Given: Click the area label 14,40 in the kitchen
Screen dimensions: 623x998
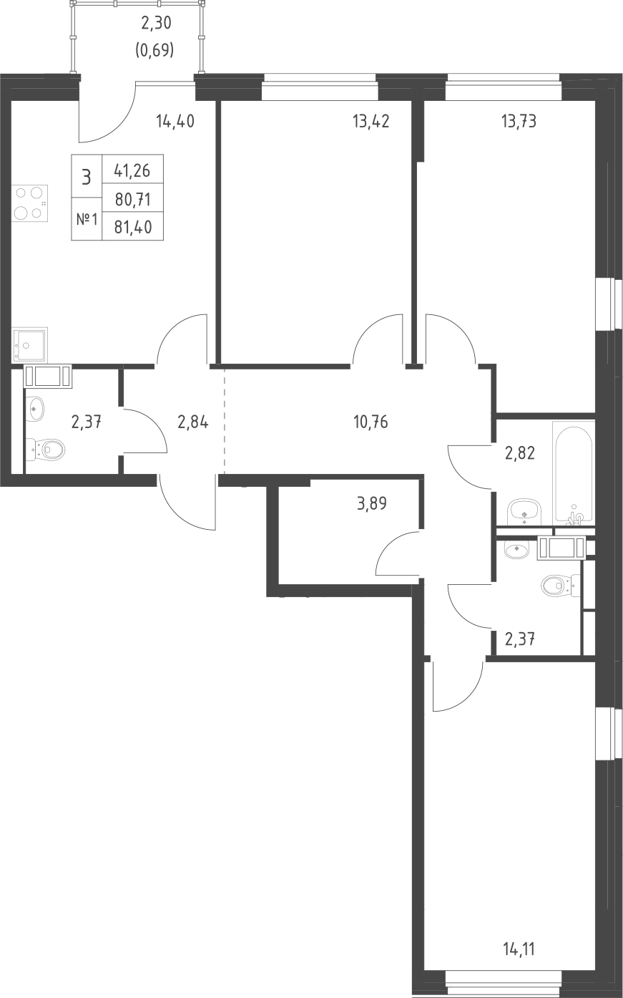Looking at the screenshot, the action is point(175,121).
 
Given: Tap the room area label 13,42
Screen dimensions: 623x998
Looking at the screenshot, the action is point(371,121).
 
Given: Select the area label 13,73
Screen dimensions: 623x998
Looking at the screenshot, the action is point(519,121).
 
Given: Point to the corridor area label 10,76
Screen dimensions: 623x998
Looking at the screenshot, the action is point(371,422).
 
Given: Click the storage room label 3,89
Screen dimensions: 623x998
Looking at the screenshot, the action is point(371,503).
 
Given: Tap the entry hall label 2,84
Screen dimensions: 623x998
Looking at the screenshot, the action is point(192,422).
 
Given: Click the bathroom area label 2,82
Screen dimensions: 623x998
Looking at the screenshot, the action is point(519,453).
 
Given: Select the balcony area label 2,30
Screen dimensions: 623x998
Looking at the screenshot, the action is point(156,23).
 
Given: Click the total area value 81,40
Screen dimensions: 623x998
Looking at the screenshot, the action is point(133,227).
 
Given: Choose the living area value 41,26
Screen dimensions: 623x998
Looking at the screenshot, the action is point(132,170).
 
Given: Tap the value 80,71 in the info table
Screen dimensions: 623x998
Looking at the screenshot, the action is point(133,199).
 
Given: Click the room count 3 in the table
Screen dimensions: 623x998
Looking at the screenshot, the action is point(87,177).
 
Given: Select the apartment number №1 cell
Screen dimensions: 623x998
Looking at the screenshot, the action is point(87,220).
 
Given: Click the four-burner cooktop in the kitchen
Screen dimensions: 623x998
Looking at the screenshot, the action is point(30,203).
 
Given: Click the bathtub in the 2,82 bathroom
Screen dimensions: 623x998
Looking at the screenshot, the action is point(573,473).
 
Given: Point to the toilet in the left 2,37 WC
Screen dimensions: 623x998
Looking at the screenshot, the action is point(46,450).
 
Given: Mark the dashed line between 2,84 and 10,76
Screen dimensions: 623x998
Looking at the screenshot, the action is point(225,420).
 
